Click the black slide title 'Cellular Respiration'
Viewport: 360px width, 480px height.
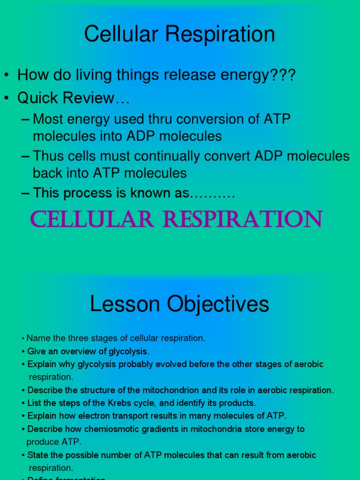point(180,34)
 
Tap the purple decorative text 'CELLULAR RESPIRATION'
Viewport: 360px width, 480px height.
point(176,219)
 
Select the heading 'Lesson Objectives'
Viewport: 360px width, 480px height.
point(180,304)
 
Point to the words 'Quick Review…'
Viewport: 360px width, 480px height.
point(73,98)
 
